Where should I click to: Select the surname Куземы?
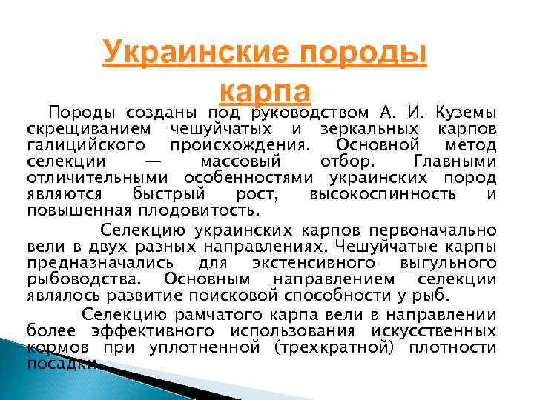point(464,113)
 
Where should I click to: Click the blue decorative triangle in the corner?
point(30,363)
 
